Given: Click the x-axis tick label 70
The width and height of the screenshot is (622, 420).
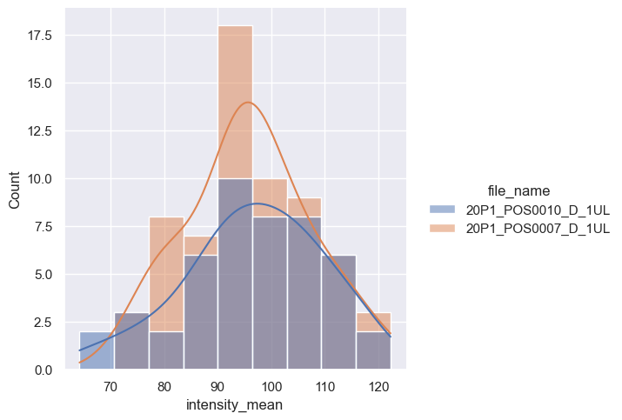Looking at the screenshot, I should [x=110, y=386].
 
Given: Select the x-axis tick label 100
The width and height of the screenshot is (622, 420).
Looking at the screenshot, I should [x=272, y=386].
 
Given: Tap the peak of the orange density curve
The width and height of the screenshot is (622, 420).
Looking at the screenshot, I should [x=248, y=103].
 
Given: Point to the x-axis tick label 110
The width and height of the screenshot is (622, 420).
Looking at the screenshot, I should [x=326, y=386].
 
